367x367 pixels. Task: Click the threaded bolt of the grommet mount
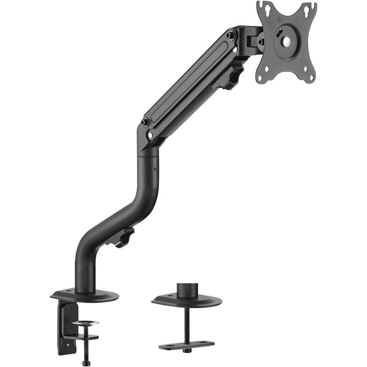pos(187,323)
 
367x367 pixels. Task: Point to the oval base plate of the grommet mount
pos(187,301)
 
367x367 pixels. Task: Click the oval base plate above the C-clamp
pos(85,296)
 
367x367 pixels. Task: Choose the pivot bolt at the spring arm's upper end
pos(230,34)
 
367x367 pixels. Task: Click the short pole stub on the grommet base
pos(187,289)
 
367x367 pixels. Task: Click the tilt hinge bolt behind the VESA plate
pos(260,42)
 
